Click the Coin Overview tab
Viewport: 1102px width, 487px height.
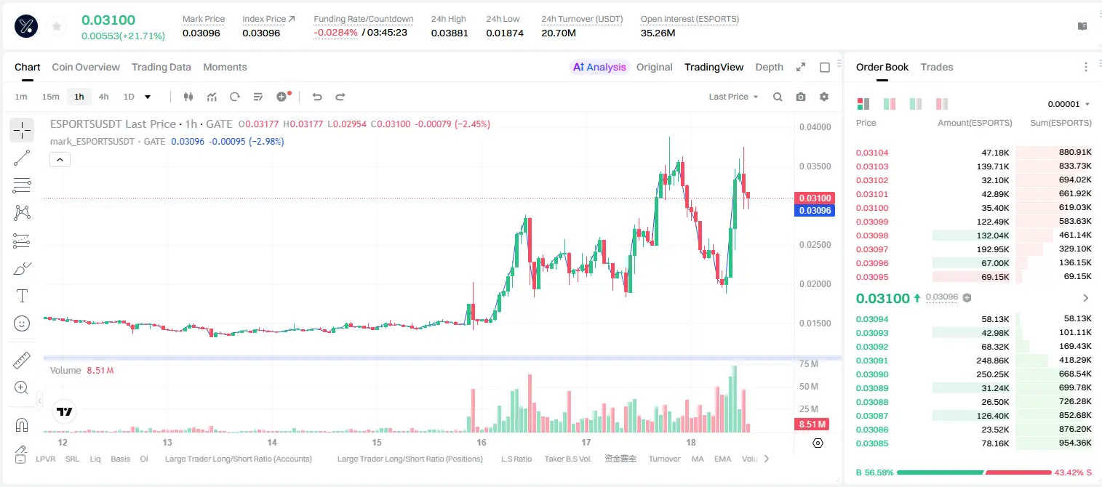86,67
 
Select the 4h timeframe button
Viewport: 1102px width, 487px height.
103,97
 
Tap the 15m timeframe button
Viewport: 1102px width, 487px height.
51,97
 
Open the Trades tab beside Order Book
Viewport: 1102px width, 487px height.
937,67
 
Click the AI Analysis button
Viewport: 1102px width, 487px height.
599,67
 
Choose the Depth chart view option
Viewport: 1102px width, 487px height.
769,67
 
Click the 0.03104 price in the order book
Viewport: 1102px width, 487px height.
872,153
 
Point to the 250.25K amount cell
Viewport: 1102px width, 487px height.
993,374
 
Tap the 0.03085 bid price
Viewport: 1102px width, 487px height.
872,443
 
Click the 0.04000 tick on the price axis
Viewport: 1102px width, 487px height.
815,126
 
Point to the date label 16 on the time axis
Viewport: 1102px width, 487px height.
481,442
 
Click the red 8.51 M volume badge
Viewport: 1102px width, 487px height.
812,424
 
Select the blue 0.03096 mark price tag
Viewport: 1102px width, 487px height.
815,211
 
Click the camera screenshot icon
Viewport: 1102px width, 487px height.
801,97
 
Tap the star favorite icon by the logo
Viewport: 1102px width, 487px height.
57,26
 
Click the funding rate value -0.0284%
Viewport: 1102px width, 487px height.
335,33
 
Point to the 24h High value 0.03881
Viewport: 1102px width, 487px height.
450,33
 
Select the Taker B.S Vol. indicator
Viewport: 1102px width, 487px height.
567,459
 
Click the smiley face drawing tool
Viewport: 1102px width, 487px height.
22,323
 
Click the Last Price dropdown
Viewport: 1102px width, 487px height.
733,97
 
